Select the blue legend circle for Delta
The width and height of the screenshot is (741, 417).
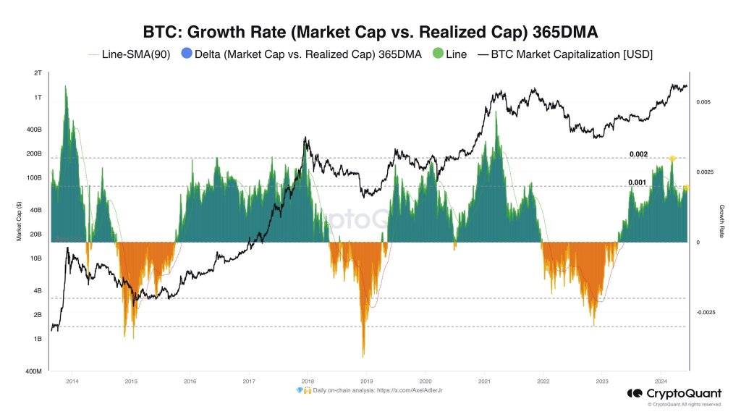[x=188, y=54]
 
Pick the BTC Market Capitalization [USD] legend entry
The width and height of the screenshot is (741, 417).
[x=572, y=54]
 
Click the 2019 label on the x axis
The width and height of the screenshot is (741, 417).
[x=367, y=380]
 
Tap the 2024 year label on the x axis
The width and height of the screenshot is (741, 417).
[x=661, y=380]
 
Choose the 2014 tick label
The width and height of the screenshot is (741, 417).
[x=72, y=380]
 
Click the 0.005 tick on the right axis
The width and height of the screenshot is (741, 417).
[x=703, y=103]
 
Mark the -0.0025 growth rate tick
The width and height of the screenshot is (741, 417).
[x=706, y=313]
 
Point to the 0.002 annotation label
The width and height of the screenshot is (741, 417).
[x=638, y=154]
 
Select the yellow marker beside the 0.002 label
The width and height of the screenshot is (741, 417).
[x=672, y=159]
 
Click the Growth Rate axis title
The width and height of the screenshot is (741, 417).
[x=721, y=222]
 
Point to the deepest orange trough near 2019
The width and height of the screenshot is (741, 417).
[x=363, y=355]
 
